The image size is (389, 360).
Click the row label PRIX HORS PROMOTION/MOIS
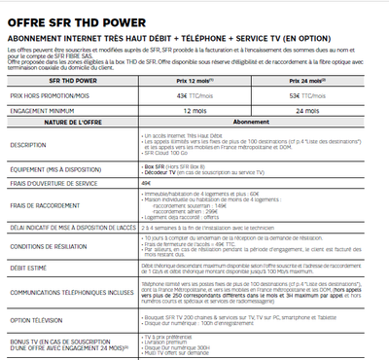point(50,96)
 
